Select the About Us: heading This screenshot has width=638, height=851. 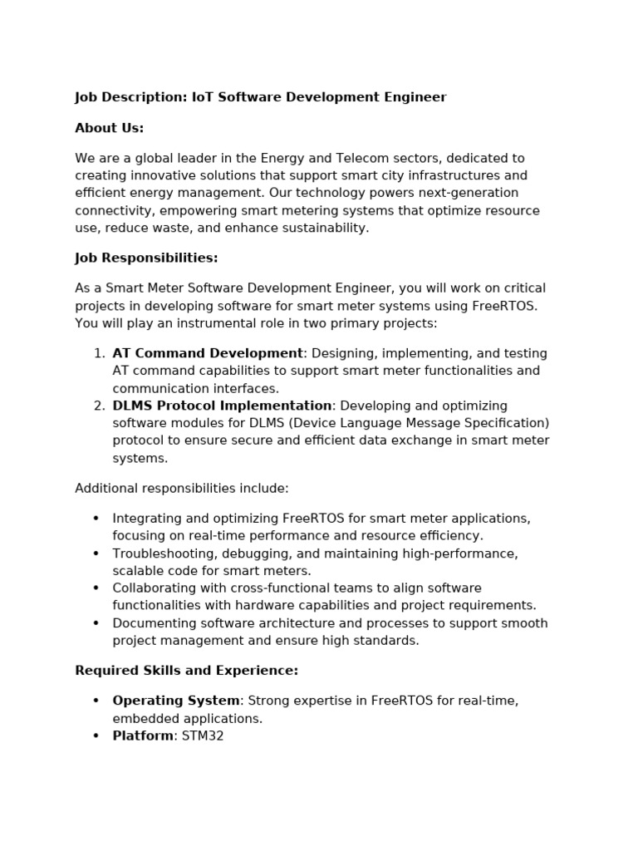(x=109, y=128)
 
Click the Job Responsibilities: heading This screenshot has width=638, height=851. (x=146, y=258)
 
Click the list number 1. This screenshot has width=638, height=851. (x=99, y=353)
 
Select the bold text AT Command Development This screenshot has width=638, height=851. (x=208, y=353)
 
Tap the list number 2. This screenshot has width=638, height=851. (x=99, y=406)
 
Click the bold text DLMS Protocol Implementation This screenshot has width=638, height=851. (x=222, y=406)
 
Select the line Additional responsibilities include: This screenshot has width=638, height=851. (x=182, y=488)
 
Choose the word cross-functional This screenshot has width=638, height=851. (x=282, y=588)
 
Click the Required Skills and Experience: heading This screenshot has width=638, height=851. (x=186, y=671)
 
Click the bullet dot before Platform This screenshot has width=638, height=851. (x=96, y=736)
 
